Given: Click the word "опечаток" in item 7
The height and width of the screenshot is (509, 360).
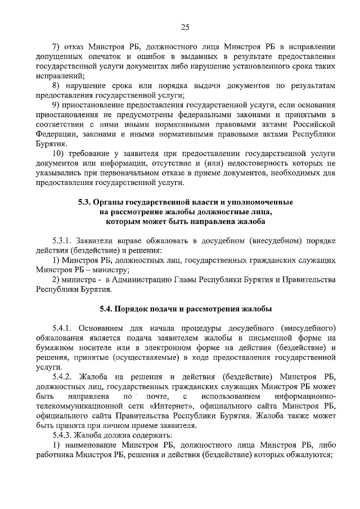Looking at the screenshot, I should (x=112, y=56).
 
